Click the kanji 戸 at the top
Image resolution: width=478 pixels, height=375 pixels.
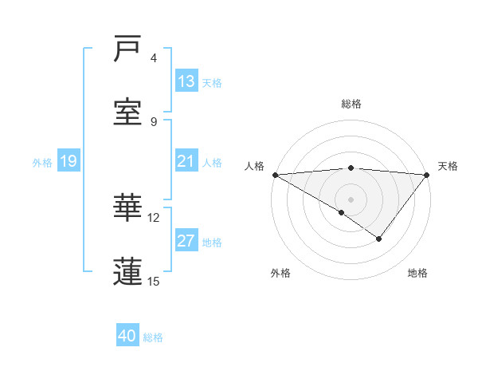(128, 49)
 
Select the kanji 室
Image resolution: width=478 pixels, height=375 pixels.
(128, 112)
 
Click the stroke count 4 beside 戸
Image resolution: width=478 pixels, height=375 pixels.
(154, 58)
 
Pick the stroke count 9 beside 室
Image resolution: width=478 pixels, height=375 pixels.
(154, 121)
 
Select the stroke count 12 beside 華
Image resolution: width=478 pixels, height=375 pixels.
(154, 217)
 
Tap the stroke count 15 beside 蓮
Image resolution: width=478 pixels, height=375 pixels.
(154, 281)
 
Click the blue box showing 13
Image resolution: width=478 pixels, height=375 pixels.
(186, 81)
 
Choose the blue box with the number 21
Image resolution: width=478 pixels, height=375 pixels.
(186, 161)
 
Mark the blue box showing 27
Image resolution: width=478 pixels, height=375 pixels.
(186, 241)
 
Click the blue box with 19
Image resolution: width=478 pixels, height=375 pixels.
(69, 161)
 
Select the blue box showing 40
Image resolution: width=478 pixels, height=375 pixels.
(127, 336)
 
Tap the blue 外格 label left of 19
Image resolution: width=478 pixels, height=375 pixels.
(42, 162)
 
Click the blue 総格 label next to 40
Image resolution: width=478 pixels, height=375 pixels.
(153, 337)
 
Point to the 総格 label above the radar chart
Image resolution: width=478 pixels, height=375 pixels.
(351, 104)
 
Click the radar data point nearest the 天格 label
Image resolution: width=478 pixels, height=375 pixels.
(427, 175)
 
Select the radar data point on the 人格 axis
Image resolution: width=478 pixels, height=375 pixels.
(275, 175)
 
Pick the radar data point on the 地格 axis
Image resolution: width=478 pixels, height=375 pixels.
(379, 239)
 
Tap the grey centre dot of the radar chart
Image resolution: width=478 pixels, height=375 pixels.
(351, 199)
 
